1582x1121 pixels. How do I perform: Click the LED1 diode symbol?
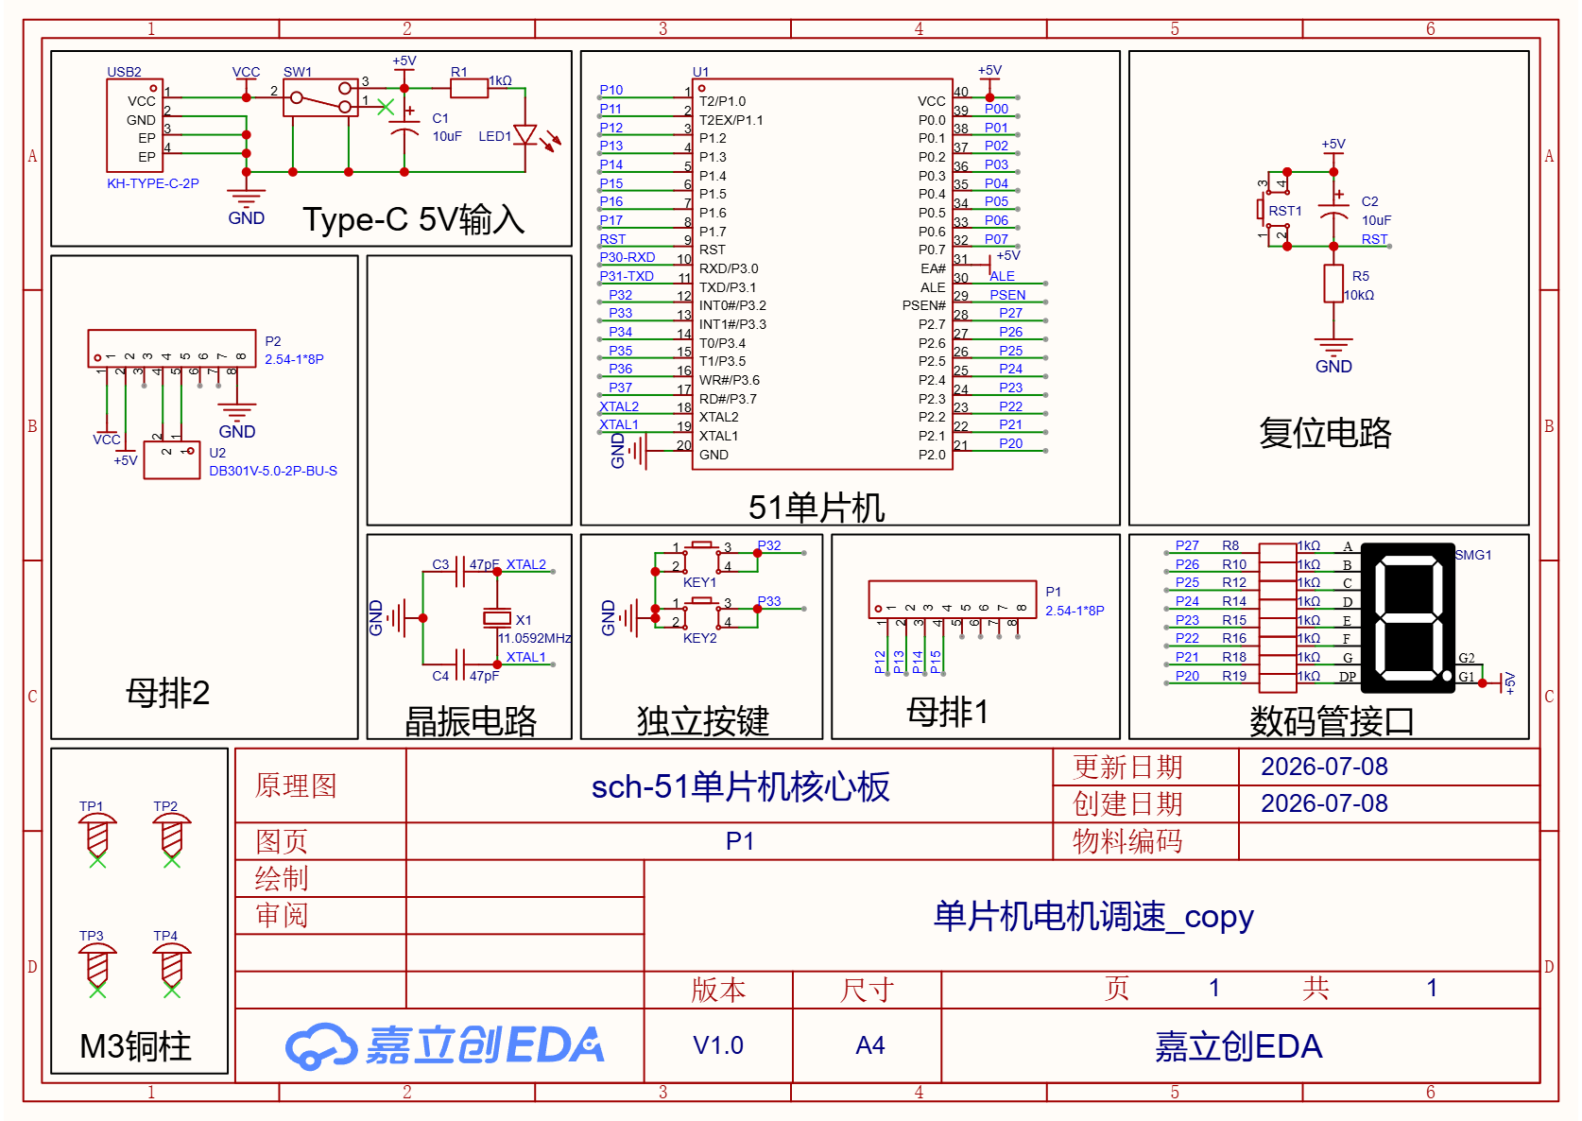tap(525, 135)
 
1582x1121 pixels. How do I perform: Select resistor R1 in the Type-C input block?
tap(469, 88)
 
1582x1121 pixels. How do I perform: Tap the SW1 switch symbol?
tap(320, 97)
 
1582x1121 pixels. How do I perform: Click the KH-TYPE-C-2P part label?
tap(152, 183)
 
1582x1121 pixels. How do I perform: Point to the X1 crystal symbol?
tap(496, 618)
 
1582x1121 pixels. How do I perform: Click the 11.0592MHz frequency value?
tap(535, 638)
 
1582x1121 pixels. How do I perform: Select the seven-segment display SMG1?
tap(1407, 618)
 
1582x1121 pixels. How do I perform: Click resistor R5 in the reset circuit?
tap(1333, 284)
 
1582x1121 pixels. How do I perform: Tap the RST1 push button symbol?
tap(1273, 210)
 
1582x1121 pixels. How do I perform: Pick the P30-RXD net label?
tap(628, 257)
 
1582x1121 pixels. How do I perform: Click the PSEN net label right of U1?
tap(1007, 295)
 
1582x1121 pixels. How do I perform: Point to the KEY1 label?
tap(699, 582)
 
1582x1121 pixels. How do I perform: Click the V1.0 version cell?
tap(718, 1044)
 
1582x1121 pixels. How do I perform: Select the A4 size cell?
tap(869, 1044)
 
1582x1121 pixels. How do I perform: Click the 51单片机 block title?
tap(817, 508)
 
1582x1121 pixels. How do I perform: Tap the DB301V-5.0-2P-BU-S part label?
tap(272, 471)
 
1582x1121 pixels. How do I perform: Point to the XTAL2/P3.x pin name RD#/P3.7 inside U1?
tap(728, 398)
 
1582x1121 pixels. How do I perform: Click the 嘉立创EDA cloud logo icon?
tap(319, 1045)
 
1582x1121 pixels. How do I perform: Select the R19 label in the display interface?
tap(1234, 676)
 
